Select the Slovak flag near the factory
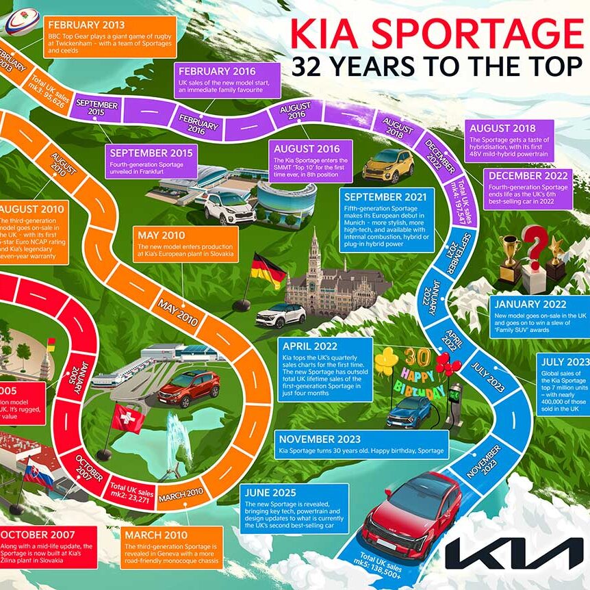[x=38, y=474]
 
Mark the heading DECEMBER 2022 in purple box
[x=528, y=175]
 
